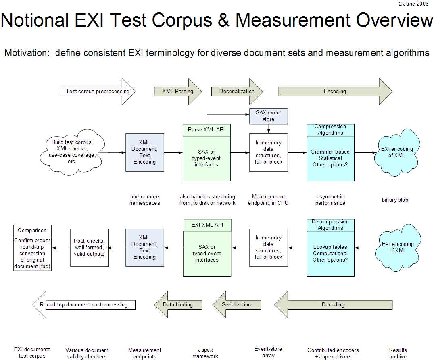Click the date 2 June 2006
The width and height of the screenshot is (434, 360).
point(413,4)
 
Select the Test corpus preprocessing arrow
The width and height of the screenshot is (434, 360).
point(98,92)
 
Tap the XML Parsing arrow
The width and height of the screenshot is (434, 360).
point(177,92)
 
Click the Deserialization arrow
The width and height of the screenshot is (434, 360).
point(237,92)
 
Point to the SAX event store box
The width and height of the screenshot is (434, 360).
point(268,116)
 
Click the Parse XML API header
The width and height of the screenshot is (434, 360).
point(207,129)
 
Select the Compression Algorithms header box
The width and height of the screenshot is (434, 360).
point(330,130)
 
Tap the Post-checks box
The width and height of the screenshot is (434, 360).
point(90,248)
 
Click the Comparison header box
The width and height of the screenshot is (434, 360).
point(32,231)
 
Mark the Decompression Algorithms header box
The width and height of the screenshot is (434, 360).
point(330,225)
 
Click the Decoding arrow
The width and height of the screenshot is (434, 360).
point(333,305)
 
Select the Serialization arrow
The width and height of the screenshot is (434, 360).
point(236,305)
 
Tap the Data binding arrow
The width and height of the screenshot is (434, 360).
point(178,305)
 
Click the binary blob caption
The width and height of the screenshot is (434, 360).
point(395,200)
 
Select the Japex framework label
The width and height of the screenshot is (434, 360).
point(206,353)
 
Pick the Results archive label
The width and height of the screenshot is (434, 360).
point(398,353)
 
